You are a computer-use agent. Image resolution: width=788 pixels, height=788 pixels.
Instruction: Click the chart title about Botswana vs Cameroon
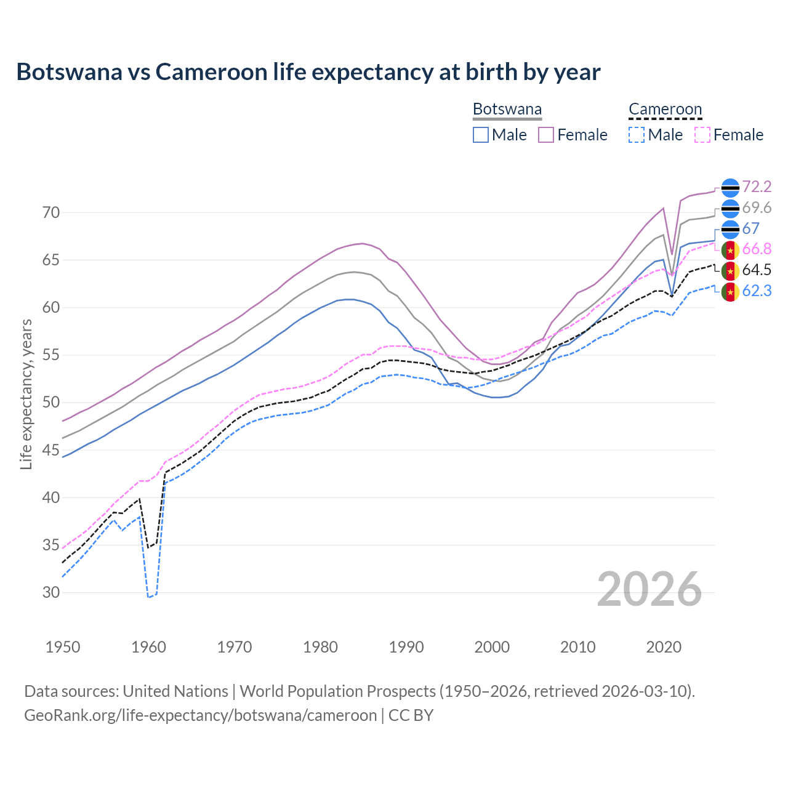[308, 72]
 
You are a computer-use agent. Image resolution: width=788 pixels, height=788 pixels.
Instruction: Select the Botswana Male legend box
[481, 135]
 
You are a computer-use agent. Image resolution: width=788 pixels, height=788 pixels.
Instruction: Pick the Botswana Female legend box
[546, 135]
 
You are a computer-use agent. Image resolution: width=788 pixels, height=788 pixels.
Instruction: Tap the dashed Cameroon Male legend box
[637, 135]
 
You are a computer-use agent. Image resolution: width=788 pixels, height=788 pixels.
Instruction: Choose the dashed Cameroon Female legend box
[702, 135]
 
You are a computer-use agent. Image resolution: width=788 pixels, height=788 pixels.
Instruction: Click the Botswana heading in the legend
[507, 110]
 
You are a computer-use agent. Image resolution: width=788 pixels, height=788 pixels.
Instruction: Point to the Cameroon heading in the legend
[665, 110]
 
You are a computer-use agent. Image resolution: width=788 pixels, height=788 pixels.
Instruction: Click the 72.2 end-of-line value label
[757, 187]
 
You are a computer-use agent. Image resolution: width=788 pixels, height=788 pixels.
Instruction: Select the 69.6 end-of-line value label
[757, 208]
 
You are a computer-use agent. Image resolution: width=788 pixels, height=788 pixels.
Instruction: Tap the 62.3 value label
[757, 291]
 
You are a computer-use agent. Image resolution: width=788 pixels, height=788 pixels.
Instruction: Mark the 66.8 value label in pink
[757, 249]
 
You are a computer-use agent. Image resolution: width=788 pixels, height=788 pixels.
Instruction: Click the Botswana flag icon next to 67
[730, 229]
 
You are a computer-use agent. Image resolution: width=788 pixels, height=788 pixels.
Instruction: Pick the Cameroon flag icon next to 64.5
[730, 270]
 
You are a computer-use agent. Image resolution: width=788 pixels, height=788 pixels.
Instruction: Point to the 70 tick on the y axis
[51, 213]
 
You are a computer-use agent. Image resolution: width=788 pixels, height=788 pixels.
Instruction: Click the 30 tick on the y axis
[51, 593]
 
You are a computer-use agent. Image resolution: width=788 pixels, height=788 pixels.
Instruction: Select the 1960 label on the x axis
[149, 647]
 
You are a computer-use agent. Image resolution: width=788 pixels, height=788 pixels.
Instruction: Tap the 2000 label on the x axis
[492, 647]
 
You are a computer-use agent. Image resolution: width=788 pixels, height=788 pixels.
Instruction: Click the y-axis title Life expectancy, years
[26, 394]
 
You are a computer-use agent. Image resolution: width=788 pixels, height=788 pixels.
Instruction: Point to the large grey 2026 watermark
[649, 589]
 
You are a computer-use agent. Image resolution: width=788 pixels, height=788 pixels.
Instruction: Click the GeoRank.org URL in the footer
[200, 715]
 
